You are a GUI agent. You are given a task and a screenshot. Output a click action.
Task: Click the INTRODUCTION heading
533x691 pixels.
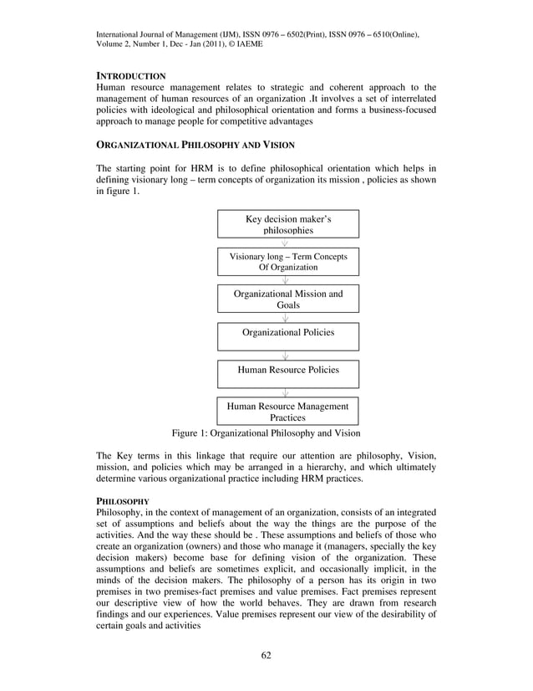click(131, 76)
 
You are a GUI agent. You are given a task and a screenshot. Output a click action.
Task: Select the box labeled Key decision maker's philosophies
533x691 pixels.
click(288, 224)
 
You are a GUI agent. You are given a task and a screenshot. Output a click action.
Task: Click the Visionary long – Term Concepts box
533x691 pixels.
click(288, 262)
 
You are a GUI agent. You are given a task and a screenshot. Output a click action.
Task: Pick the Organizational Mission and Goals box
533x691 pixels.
click(288, 299)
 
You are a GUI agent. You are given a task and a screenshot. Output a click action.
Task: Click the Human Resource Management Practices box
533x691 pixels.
click(288, 411)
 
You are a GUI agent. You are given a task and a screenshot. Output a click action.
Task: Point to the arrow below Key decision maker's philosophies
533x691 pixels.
click(286, 243)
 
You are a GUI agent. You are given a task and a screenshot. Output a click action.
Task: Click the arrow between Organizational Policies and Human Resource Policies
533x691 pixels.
click(286, 356)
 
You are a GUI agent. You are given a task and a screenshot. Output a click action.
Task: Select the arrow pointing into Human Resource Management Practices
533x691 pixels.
click(286, 392)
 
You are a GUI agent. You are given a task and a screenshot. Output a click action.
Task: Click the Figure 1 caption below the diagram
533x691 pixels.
click(266, 433)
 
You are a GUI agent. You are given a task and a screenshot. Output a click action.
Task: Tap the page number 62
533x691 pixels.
click(266, 653)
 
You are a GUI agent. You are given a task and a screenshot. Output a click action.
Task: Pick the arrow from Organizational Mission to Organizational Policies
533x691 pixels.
click(286, 318)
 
